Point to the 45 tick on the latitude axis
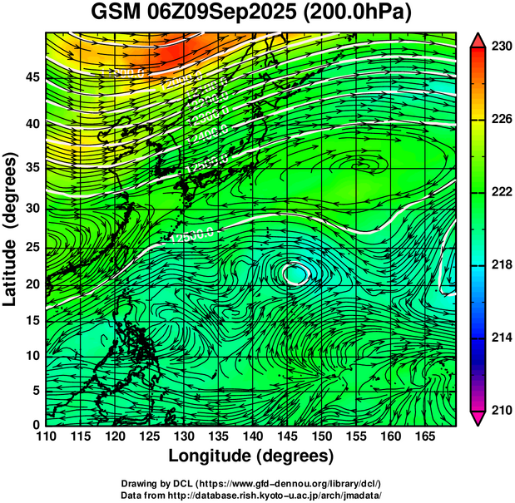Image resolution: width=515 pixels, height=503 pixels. (32, 77)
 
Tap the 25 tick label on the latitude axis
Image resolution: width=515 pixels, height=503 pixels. (32, 248)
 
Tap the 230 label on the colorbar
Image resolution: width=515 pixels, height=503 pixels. (501, 47)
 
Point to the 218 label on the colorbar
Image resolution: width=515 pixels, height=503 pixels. (501, 264)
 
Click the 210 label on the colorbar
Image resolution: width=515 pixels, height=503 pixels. (501, 410)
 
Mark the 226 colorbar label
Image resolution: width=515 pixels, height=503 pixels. (501, 119)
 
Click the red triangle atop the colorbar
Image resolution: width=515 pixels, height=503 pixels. (478, 39)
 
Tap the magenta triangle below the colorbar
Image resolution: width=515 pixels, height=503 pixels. (478, 417)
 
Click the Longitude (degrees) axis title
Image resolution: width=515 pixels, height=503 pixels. (251, 456)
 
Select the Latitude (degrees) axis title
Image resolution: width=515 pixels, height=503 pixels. (12, 228)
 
